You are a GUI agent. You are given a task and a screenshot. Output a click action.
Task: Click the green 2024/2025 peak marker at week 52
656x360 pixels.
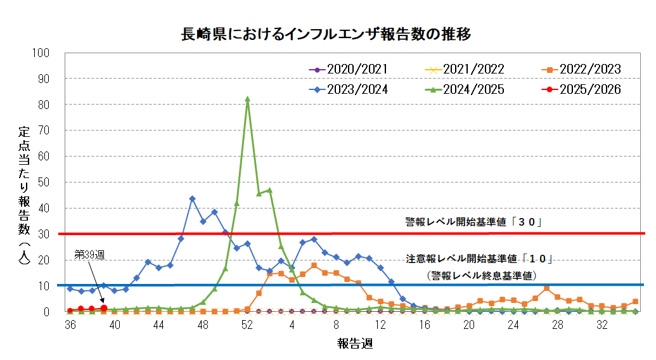point(247,99)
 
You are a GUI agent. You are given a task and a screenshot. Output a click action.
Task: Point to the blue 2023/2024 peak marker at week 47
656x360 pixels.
point(192,199)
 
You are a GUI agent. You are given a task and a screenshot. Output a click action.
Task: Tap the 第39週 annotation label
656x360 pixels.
point(89,254)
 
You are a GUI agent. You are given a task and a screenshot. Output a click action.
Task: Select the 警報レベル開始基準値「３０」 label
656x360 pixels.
point(475,222)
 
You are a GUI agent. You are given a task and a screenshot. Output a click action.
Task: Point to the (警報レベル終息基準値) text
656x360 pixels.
point(482,275)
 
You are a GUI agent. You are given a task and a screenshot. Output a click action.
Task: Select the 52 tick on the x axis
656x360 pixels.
point(247,325)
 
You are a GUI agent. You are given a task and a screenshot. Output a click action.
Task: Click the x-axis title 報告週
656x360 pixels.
point(354,344)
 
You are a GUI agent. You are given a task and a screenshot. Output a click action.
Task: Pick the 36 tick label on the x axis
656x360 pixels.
point(70,325)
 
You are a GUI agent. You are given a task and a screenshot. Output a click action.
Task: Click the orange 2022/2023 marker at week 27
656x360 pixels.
point(546,288)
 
